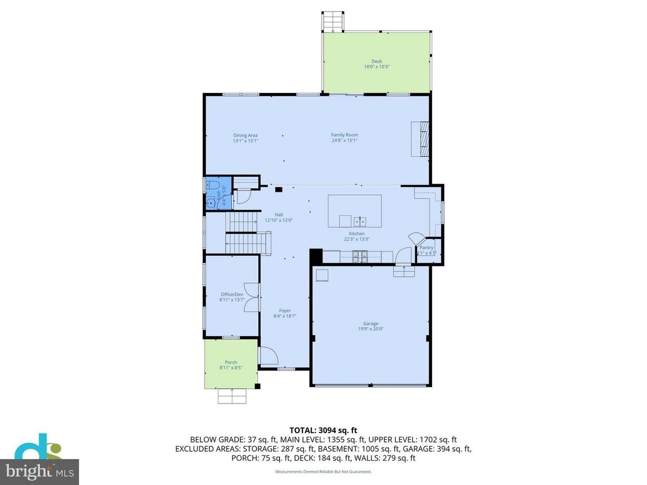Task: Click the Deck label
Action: point(377,61)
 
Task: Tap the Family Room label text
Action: point(344,135)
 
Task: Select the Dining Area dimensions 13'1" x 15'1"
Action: point(246,141)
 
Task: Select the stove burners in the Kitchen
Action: point(360,256)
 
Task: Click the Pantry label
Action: point(427,247)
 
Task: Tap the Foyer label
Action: point(285,311)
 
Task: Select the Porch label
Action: point(231,363)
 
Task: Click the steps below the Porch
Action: point(232,396)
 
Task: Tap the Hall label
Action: point(279,215)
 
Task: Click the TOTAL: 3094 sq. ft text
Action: point(323,431)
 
